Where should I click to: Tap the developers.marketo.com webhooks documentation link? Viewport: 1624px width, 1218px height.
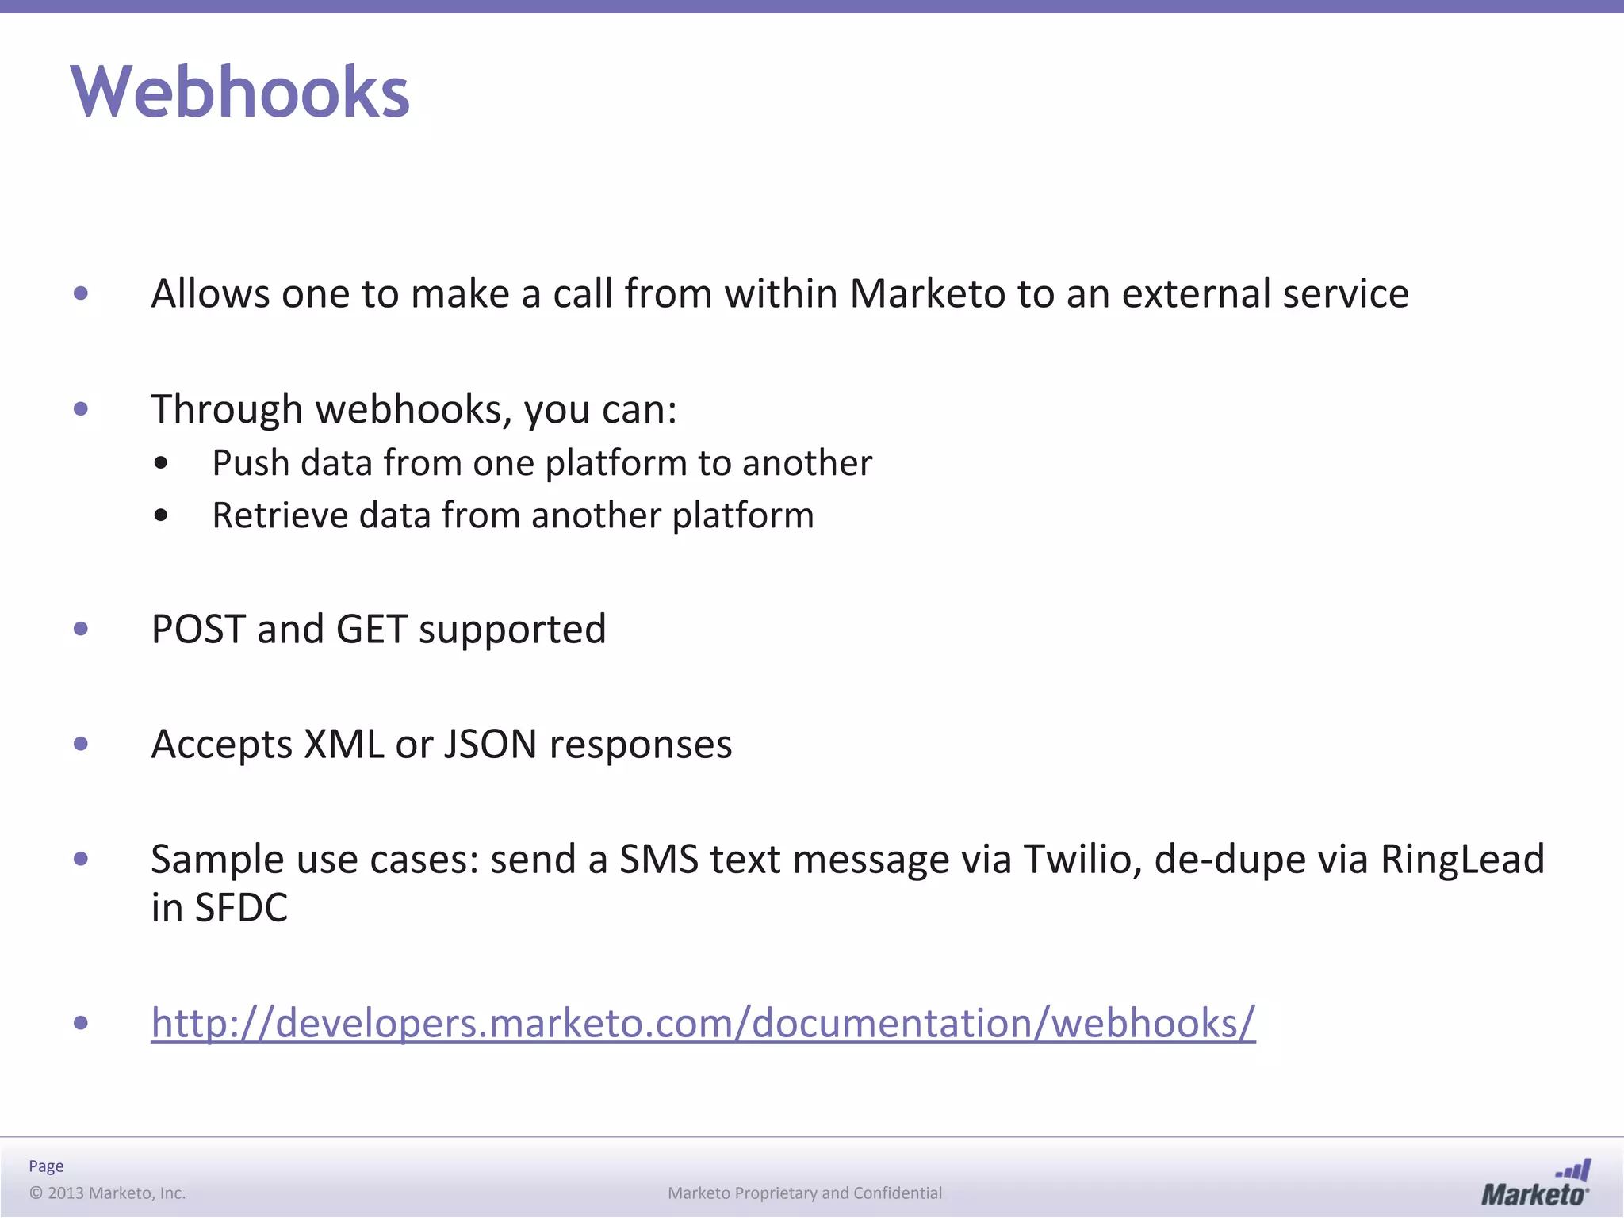tap(703, 1022)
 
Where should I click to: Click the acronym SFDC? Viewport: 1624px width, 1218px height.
tap(241, 908)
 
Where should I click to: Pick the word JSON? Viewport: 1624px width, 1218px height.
tap(490, 745)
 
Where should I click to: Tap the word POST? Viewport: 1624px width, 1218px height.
tap(198, 630)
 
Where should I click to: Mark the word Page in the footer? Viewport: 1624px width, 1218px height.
tap(46, 1166)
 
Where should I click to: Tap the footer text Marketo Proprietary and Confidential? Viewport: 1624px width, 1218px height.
tap(805, 1193)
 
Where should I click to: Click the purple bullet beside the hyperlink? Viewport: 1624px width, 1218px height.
tap(80, 1023)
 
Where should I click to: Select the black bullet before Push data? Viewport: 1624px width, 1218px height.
tap(162, 463)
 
